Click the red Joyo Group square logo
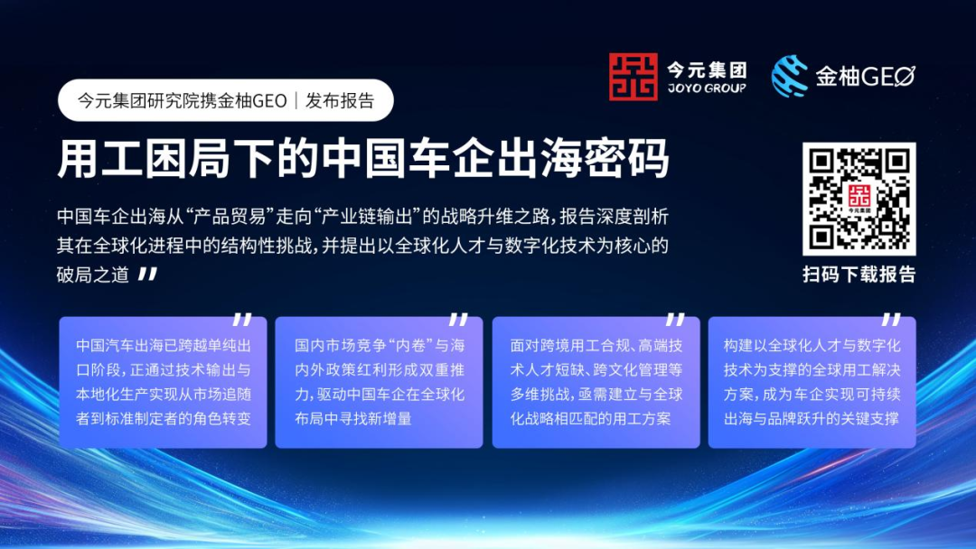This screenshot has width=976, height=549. pos(633,77)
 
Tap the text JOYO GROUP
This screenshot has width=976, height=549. pos(707,88)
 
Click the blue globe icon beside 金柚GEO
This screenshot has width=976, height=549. pos(789,77)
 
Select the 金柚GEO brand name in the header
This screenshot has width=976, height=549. pos(865,77)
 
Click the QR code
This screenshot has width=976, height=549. pos(859,199)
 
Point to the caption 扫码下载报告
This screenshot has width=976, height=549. pos(859,274)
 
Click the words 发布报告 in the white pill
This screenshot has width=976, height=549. pos(340,100)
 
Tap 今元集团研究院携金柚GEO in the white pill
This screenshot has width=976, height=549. pos(182,100)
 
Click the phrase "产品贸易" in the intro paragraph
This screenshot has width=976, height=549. pos(231,217)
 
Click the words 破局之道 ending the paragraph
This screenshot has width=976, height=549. pos(93,274)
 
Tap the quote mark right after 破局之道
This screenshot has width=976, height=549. pos(147,274)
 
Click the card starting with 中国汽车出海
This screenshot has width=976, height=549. pos(163,382)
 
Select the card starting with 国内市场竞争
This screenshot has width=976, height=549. pos(379,382)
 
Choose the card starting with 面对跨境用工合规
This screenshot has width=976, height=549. pos(596,382)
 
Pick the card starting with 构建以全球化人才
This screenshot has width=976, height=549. pos(812,382)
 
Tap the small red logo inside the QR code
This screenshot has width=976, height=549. pos(859,199)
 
